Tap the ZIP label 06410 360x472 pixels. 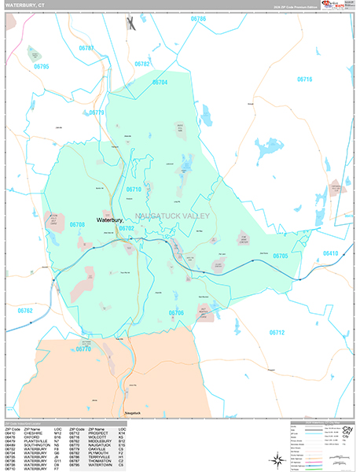331,253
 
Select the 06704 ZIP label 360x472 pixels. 160,82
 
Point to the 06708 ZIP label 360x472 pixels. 77,224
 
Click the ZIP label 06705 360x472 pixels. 281,256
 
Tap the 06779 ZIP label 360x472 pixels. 96,112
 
